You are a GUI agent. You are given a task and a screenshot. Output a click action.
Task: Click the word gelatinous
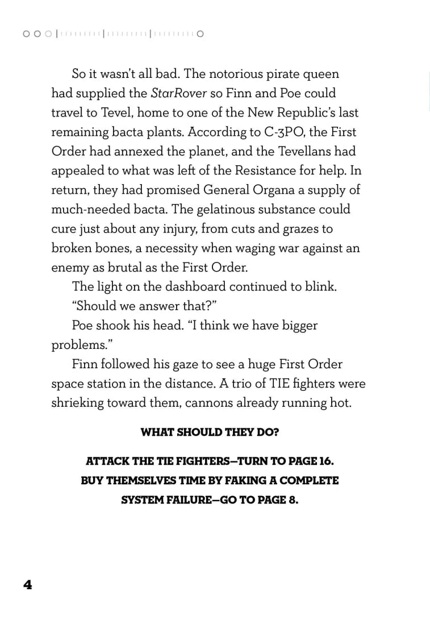tap(233, 209)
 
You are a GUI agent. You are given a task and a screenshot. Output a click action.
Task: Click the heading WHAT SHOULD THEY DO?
tap(210, 432)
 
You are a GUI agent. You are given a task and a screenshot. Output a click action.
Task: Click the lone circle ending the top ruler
tap(200, 34)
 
